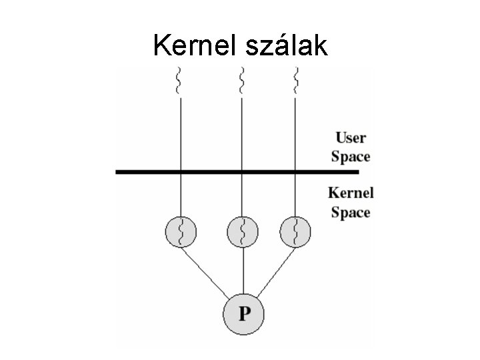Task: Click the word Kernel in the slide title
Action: [x=193, y=46]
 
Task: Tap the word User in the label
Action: [x=350, y=139]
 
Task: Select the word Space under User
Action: [x=350, y=157]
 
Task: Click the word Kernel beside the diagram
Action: [x=351, y=193]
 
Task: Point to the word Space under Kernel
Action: [x=351, y=213]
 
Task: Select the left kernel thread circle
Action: [x=180, y=231]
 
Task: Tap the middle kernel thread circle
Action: [x=243, y=231]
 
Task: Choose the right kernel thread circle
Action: [x=295, y=231]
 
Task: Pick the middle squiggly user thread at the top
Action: [x=243, y=81]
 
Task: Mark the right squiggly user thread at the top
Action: [x=295, y=81]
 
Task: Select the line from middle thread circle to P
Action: [x=243, y=270]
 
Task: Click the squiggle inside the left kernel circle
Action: [x=180, y=231]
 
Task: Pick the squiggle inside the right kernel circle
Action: [x=295, y=231]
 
